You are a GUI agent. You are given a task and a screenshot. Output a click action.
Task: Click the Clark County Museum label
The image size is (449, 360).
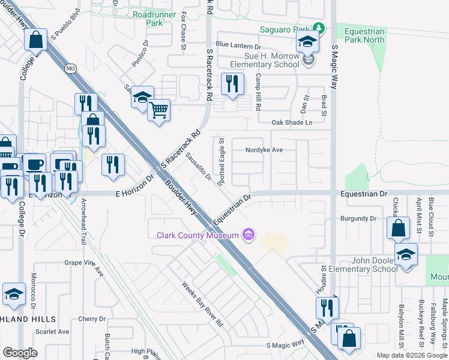pyautogui.click(x=198, y=235)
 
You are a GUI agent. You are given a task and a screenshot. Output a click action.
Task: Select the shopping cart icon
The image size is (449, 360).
pyautogui.click(x=159, y=110)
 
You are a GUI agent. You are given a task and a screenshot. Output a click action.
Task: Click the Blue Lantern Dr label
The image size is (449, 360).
pyautogui.click(x=239, y=45)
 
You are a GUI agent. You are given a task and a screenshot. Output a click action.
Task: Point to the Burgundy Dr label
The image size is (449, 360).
pyautogui.click(x=358, y=219)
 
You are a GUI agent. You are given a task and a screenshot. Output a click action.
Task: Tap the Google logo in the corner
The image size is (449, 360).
pyautogui.click(x=20, y=353)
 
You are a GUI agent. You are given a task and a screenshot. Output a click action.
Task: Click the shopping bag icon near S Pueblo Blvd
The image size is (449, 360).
pyautogui.click(x=36, y=40)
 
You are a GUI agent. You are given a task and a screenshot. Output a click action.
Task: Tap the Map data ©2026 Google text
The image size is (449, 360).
pyautogui.click(x=411, y=355)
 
